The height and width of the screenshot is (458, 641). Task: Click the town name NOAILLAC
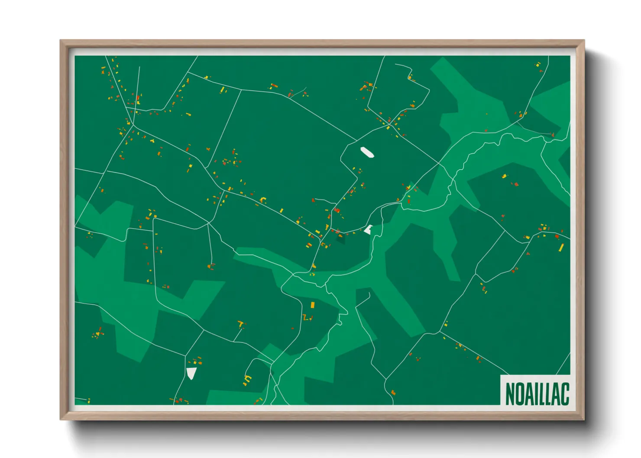point(537,393)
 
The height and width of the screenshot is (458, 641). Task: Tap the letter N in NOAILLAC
point(510,393)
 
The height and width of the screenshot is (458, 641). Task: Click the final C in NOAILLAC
point(564,393)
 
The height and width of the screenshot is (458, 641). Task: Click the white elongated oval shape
point(367,152)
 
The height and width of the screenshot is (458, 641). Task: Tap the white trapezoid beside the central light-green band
point(369,229)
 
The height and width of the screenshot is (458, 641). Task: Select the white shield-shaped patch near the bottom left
point(191,373)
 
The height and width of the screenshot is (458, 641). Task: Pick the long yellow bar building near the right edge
point(561,248)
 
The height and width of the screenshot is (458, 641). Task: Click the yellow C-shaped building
point(248,380)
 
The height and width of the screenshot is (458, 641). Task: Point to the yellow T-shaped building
point(241,323)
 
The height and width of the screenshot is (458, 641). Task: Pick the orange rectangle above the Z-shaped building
point(312,305)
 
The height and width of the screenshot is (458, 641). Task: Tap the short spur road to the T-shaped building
point(238,335)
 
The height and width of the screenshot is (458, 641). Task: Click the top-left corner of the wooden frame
point(61,41)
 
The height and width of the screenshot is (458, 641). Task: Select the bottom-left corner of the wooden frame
point(61,419)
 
